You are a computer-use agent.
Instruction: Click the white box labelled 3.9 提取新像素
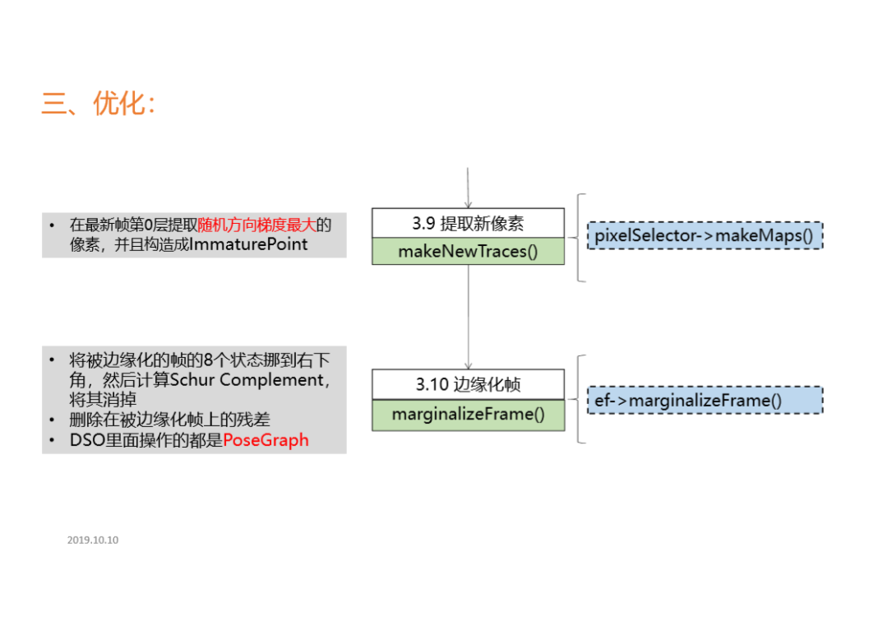click(468, 223)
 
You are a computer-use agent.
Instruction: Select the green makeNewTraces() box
click(468, 251)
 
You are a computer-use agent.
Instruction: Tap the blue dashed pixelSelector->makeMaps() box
click(705, 236)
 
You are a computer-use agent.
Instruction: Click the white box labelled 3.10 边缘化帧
click(468, 384)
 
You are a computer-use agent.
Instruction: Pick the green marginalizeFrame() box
click(468, 414)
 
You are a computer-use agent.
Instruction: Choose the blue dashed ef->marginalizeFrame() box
click(705, 400)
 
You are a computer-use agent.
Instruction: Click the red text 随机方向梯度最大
click(257, 225)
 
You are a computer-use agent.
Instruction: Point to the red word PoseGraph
click(266, 440)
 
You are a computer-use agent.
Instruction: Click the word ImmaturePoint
click(248, 244)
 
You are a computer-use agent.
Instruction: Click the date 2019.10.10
click(93, 541)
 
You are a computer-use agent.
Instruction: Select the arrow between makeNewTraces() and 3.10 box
click(469, 317)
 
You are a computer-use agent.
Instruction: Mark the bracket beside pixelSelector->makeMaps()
click(580, 238)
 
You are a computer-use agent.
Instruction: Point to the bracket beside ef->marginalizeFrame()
click(580, 399)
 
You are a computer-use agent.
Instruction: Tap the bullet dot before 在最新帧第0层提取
click(53, 225)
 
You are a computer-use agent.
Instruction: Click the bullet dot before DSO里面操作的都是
click(53, 441)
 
